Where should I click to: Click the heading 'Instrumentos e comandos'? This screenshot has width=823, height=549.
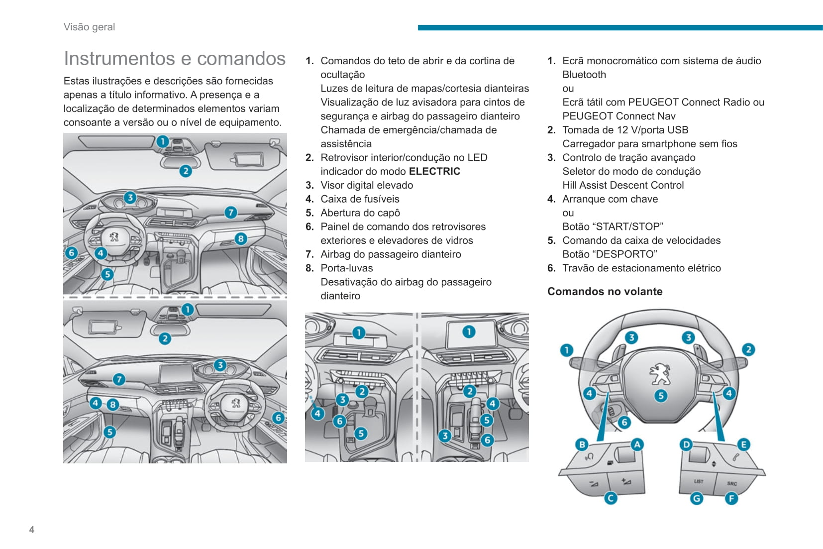pyautogui.click(x=174, y=59)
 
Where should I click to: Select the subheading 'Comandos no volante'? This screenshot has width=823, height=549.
pyautogui.click(x=605, y=292)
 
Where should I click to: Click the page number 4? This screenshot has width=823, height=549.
pyautogui.click(x=32, y=530)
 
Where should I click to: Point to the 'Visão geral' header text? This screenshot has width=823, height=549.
pyautogui.click(x=89, y=27)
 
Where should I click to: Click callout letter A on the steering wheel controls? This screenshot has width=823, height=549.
pyautogui.click(x=637, y=444)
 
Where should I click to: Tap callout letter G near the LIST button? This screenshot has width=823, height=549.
pyautogui.click(x=696, y=498)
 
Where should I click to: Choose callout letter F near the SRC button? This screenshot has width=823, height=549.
pyautogui.click(x=731, y=498)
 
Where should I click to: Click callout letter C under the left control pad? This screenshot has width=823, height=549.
pyautogui.click(x=611, y=498)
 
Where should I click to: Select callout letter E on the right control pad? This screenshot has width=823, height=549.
pyautogui.click(x=743, y=444)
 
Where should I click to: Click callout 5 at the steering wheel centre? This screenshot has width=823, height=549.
pyautogui.click(x=660, y=396)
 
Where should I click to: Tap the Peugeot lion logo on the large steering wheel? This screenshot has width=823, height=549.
pyautogui.click(x=660, y=374)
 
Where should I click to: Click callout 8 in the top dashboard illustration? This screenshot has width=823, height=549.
pyautogui.click(x=241, y=238)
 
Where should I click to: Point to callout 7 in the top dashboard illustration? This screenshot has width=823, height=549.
pyautogui.click(x=230, y=213)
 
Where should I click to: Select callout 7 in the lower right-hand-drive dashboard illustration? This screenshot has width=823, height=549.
pyautogui.click(x=118, y=379)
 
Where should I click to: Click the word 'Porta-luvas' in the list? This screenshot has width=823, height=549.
pyautogui.click(x=346, y=268)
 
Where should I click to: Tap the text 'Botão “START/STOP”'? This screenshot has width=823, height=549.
pyautogui.click(x=613, y=226)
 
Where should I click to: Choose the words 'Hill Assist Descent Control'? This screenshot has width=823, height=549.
pyautogui.click(x=623, y=185)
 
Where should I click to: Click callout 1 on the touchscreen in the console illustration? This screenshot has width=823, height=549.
pyautogui.click(x=469, y=331)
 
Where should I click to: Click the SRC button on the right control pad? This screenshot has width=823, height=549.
pyautogui.click(x=732, y=483)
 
